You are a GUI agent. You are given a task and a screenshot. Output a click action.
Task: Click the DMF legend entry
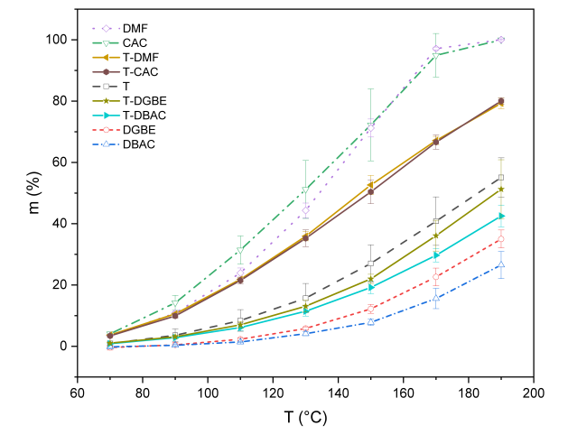135,28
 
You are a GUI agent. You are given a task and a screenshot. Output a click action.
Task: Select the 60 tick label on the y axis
61,162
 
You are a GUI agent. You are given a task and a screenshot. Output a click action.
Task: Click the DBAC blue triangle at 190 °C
500,264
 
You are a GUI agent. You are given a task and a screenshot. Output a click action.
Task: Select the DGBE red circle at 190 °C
500,239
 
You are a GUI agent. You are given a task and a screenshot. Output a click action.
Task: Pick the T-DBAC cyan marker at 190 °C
500,216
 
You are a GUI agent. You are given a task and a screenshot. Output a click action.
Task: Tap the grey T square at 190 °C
500,178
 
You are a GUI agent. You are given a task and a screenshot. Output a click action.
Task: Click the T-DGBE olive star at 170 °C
435,236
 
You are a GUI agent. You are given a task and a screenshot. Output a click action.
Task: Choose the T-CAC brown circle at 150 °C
370,191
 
